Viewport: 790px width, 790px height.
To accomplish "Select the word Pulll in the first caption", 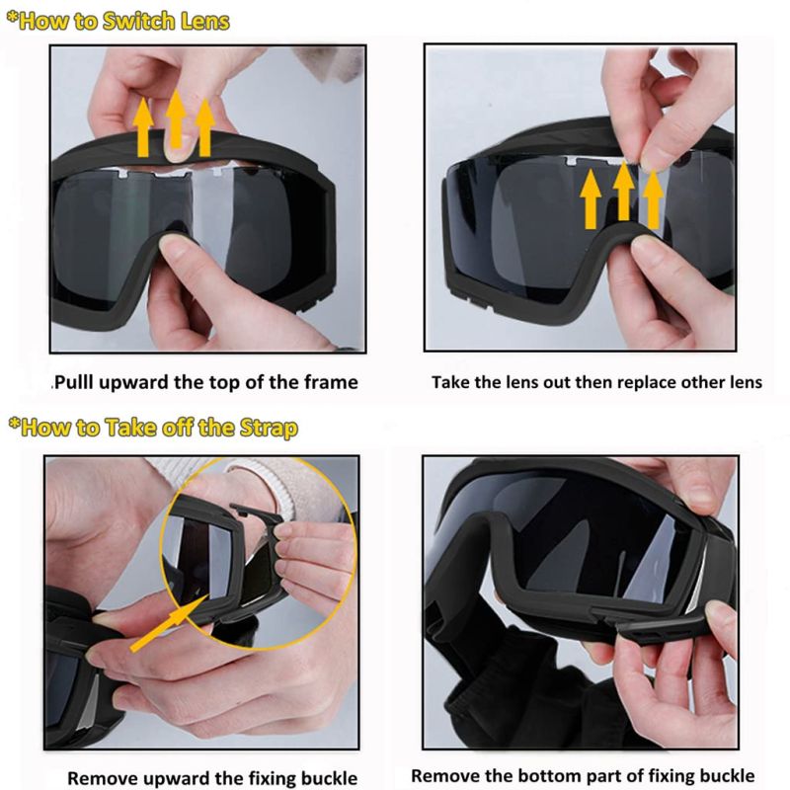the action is (73, 382).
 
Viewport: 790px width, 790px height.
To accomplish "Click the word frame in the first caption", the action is (331, 382).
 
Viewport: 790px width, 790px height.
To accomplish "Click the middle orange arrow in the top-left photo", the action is (176, 118).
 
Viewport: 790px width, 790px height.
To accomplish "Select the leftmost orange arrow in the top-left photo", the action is (143, 127).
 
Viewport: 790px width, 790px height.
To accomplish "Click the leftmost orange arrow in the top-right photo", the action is (591, 200).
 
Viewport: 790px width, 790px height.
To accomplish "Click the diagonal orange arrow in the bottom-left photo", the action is (169, 623).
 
